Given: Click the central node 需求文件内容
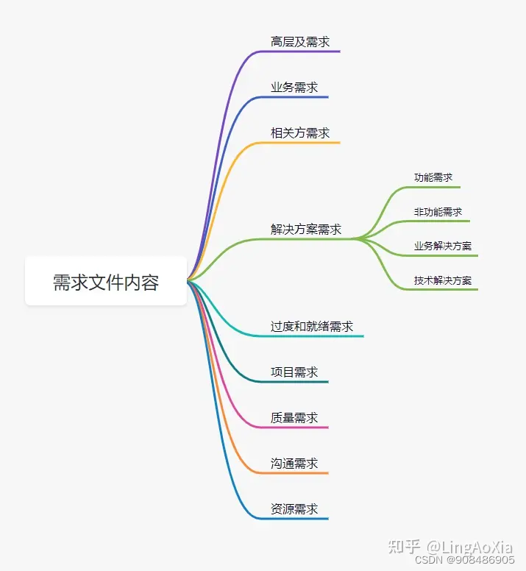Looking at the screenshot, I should pyautogui.click(x=106, y=281).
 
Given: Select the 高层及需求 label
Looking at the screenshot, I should pyautogui.click(x=300, y=42).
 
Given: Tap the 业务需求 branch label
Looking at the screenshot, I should pyautogui.click(x=294, y=88).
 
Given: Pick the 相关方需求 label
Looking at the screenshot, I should pyautogui.click(x=300, y=133).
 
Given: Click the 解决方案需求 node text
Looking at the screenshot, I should pyautogui.click(x=306, y=230).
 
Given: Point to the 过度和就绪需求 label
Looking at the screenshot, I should pyautogui.click(x=312, y=327).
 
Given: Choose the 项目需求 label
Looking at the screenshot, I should pyautogui.click(x=294, y=372).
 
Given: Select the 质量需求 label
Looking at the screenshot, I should pyautogui.click(x=294, y=418).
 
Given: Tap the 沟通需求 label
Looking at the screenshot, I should pyautogui.click(x=294, y=464).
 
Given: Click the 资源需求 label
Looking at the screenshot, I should pyautogui.click(x=294, y=509).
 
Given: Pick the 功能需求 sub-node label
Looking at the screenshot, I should pyautogui.click(x=433, y=177).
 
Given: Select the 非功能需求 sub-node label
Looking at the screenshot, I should pyautogui.click(x=438, y=212).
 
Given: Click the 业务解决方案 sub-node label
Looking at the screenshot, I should pyautogui.click(x=443, y=246).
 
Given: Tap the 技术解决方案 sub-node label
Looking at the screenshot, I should pyautogui.click(x=443, y=280).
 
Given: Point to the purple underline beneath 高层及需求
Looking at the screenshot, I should pyautogui.click(x=302, y=52).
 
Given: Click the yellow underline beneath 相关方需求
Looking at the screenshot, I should pyautogui.click(x=302, y=142).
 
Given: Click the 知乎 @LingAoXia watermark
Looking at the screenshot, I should pyautogui.click(x=449, y=547).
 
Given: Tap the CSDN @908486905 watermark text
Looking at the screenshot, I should pyautogui.click(x=465, y=560).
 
